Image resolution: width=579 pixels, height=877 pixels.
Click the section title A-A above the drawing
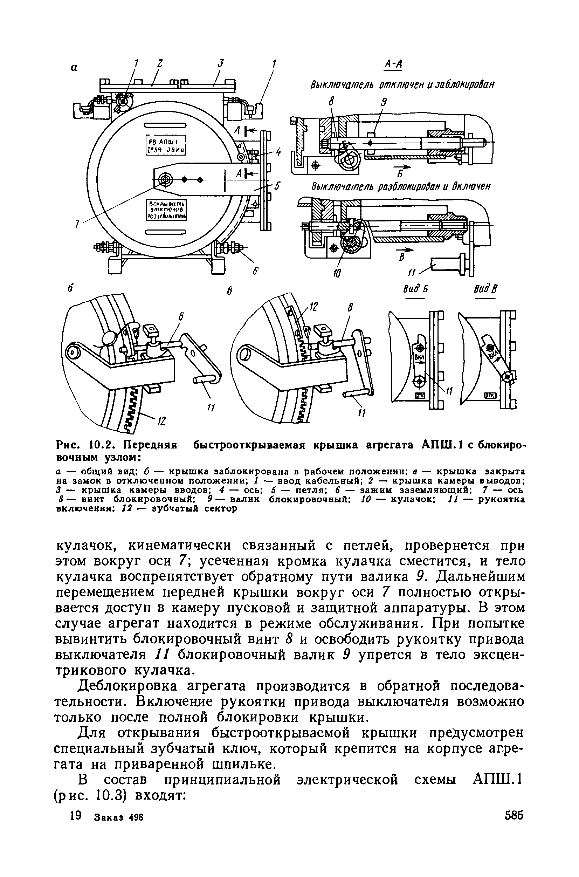pyautogui.click(x=393, y=64)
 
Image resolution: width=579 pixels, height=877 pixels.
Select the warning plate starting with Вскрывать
pyautogui.click(x=166, y=210)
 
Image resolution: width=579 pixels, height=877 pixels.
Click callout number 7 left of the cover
pyautogui.click(x=77, y=224)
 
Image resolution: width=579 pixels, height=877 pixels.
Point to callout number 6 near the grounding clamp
pyautogui.click(x=254, y=272)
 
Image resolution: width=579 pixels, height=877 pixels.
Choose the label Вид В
pyautogui.click(x=484, y=289)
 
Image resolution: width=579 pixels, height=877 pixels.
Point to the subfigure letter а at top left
pyautogui.click(x=74, y=68)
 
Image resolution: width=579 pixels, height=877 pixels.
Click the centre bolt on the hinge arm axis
pyautogui.click(x=165, y=180)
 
